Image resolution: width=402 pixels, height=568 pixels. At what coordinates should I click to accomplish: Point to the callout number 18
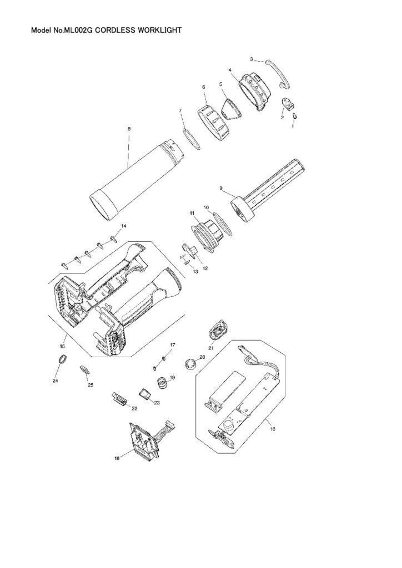[117, 459]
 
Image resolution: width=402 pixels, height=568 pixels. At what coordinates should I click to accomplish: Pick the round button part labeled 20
[192, 364]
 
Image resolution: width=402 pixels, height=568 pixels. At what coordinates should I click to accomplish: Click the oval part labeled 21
[217, 331]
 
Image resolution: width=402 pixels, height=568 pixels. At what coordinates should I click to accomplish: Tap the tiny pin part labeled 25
[85, 369]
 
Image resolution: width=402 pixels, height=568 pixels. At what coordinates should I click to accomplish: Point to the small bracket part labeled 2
[287, 104]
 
